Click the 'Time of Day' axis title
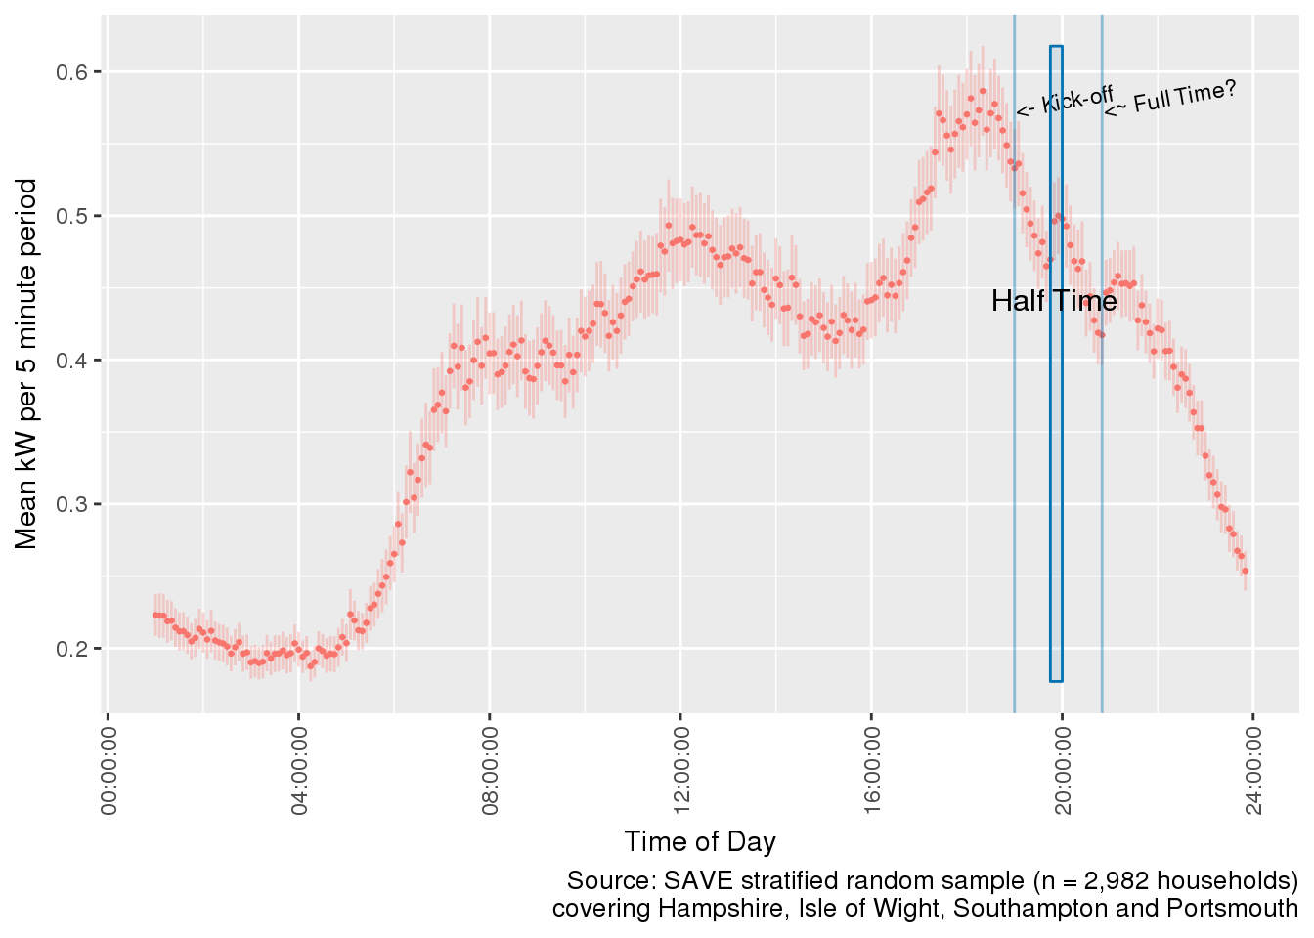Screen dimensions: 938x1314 click(700, 841)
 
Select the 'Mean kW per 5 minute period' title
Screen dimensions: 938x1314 click(26, 363)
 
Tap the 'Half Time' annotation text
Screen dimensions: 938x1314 click(1054, 301)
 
